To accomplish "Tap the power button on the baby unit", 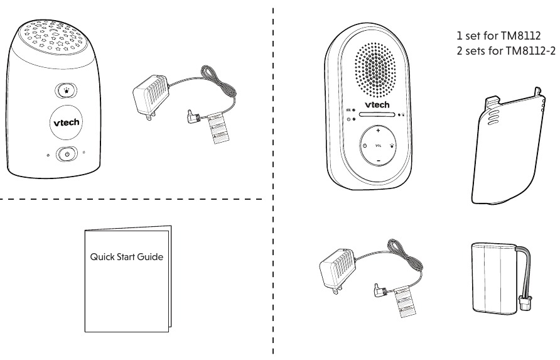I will coord(67,153).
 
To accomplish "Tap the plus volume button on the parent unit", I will coord(379,133).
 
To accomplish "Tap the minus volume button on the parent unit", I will coord(379,160).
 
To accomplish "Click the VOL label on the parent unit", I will coord(379,146).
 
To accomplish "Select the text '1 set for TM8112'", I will coord(493,35).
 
